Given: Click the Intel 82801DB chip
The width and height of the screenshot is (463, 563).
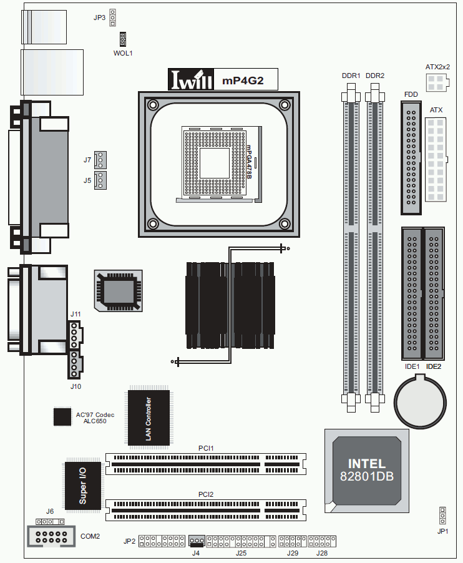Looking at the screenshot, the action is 367,471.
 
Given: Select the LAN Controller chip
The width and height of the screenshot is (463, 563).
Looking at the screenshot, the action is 149,418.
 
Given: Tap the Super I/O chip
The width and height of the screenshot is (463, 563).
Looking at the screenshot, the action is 83,485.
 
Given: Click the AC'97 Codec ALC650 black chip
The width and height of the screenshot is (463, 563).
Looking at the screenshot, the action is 62,416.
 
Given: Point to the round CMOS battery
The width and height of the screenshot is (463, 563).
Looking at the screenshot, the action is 420,401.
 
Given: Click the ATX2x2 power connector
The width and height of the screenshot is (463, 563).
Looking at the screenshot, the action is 437,82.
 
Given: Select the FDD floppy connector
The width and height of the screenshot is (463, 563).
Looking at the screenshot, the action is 411,158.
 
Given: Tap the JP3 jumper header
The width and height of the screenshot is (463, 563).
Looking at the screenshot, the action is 113,17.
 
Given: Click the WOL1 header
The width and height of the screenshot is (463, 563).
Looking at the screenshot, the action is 123,39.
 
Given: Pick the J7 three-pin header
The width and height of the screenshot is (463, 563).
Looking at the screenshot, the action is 100,160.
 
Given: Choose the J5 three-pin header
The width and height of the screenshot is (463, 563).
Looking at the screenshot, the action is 100,180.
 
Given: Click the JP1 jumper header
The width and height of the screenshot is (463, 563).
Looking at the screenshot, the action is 442,516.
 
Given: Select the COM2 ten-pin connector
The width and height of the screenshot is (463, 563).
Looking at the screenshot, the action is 51,537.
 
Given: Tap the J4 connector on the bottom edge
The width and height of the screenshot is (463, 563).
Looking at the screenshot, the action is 197,541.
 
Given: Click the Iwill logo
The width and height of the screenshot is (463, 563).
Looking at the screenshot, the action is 191,79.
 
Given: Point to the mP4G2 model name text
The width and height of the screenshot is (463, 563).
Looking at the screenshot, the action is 243,81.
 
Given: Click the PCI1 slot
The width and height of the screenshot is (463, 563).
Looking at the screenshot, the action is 206,464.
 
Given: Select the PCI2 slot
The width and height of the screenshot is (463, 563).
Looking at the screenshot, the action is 206,510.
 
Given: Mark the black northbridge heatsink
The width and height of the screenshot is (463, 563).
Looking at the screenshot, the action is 230,305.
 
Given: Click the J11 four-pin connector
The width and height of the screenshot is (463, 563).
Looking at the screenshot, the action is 75,335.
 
